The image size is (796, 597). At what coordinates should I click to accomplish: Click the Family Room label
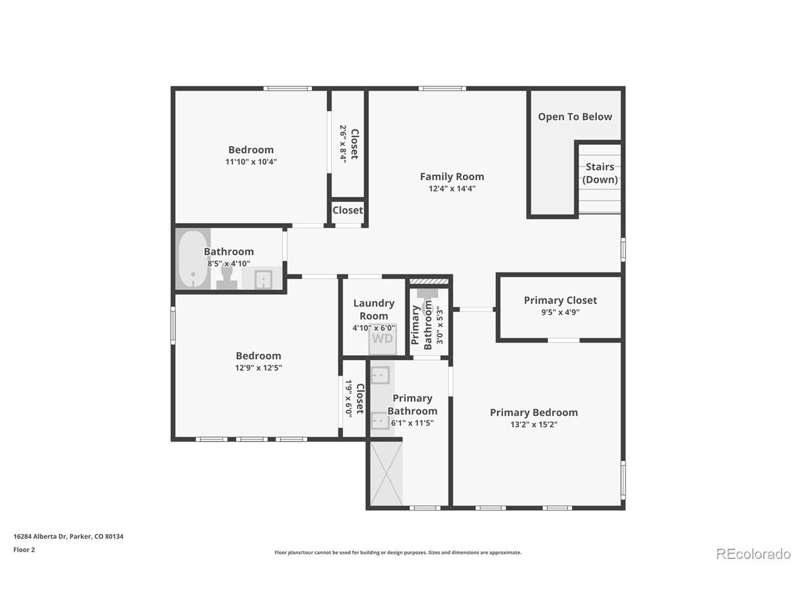click(452, 177)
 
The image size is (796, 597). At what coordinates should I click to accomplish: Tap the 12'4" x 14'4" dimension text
click(452, 188)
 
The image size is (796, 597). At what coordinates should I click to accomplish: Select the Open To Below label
click(575, 117)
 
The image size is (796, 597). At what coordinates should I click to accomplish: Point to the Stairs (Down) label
click(600, 173)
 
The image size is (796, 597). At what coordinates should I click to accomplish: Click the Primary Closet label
click(560, 300)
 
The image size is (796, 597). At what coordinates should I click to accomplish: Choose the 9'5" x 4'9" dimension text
click(560, 312)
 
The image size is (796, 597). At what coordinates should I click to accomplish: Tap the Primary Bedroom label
click(534, 412)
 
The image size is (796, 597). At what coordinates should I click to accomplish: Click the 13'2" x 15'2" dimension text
click(534, 425)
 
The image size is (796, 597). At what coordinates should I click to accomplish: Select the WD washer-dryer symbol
click(382, 339)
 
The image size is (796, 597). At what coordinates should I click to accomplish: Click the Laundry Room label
click(374, 310)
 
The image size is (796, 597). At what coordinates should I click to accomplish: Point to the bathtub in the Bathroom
click(193, 259)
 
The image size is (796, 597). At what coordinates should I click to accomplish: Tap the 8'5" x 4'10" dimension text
click(228, 264)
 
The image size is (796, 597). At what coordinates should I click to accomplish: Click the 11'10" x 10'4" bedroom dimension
click(251, 162)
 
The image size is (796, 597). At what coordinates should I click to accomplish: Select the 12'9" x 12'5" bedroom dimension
click(258, 368)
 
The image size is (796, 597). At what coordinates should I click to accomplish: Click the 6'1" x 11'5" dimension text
click(412, 423)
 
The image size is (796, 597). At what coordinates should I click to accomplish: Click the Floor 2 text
click(24, 550)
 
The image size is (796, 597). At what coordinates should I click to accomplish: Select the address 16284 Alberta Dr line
click(68, 536)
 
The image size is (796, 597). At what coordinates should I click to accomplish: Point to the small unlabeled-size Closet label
click(348, 210)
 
